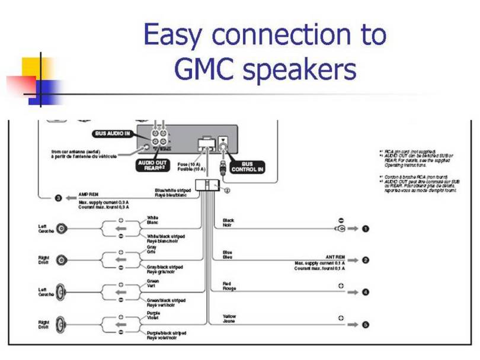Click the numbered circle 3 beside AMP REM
coord(59,197)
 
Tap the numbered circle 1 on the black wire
coord(366,229)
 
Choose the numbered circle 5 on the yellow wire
coord(366,324)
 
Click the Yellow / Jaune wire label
coord(229,319)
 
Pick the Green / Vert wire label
coord(153,283)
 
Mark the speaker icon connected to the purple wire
coord(62,325)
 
